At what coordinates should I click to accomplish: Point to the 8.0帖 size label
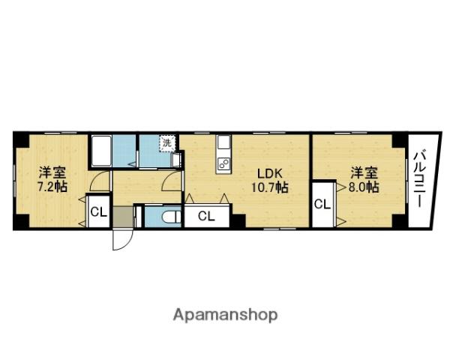(363, 187)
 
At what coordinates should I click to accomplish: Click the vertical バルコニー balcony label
(420, 181)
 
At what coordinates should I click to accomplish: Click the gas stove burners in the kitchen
(223, 162)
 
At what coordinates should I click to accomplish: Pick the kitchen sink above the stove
(223, 144)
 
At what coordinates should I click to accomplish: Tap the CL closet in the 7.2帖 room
(98, 211)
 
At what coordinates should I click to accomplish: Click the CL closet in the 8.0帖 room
(322, 203)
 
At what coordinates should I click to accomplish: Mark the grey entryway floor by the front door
(124, 217)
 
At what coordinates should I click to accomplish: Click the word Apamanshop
(226, 314)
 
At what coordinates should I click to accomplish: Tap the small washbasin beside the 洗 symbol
(177, 160)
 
